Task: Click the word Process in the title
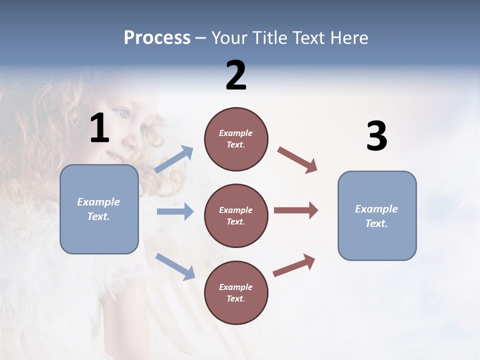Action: pos(157,38)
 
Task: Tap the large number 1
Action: pos(99,128)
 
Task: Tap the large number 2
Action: pos(236,75)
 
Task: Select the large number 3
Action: pos(376,136)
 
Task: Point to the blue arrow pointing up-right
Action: pos(174,159)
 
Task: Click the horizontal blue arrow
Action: pos(175,211)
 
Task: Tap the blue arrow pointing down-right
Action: pos(175,266)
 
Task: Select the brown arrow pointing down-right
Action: pos(297,160)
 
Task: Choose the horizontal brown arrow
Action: pos(296,210)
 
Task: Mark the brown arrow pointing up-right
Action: pos(294,265)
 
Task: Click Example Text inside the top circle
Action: pos(236,139)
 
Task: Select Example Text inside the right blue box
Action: pos(376,216)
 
